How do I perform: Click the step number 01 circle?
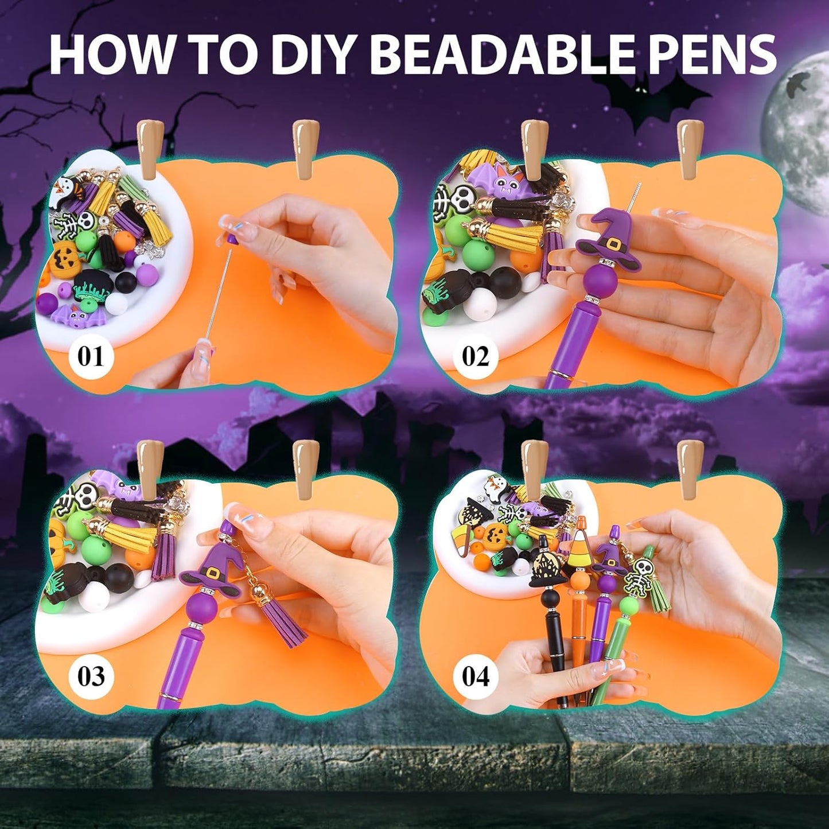91,356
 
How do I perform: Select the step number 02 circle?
475,356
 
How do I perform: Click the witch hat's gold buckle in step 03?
212,573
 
